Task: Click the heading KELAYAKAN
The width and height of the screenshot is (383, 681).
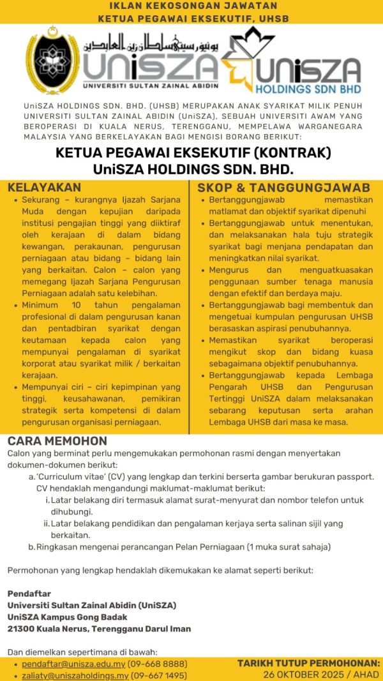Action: pos(44,188)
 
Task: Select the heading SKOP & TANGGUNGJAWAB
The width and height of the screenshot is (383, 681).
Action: pos(283,188)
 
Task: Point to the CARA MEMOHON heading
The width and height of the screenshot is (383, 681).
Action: pos(57,441)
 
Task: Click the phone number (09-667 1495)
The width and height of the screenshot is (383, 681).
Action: pos(159,675)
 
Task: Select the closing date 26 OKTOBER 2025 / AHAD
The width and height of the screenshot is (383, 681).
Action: pos(322,675)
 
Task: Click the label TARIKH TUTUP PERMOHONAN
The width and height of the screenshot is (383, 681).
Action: pos(309,664)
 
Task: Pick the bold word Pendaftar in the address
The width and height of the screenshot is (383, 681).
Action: pos(29,594)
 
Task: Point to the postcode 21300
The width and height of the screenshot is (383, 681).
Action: pos(20,629)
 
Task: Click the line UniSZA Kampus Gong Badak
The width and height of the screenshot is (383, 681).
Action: pos(67,617)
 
